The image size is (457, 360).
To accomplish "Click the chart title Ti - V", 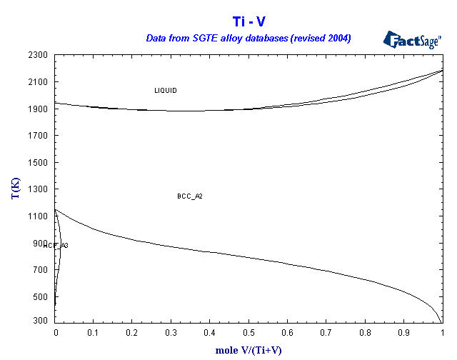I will coord(249,21).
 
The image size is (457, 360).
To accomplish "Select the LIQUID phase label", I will coord(166,91).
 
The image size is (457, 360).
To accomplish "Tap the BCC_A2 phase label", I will coord(190,196).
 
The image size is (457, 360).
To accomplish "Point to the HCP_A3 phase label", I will coord(56,246).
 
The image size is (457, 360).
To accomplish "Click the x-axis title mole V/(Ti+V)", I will coord(249,351).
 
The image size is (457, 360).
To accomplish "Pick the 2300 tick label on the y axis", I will coord(39,55).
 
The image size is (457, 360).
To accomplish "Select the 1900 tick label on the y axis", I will coord(39,109).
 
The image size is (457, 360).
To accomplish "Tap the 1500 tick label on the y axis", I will coord(39,163).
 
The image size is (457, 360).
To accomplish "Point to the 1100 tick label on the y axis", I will coord(39,216).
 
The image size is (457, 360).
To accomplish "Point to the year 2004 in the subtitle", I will coord(337,38).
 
